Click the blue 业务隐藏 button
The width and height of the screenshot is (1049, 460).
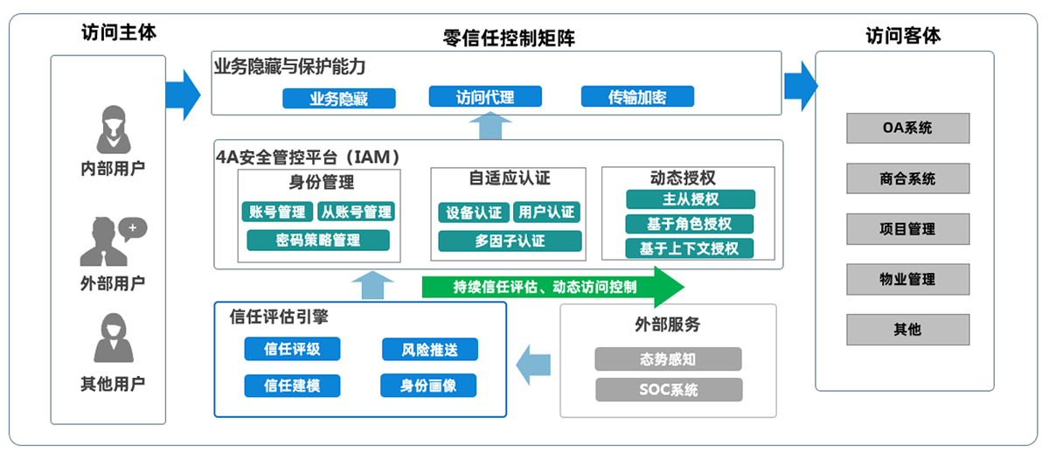tap(339, 98)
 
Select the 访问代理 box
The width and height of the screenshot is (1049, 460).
tap(485, 96)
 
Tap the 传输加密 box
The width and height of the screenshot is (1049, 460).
tap(637, 96)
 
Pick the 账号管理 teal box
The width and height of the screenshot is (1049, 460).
tap(277, 212)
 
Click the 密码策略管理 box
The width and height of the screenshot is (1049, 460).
tap(318, 240)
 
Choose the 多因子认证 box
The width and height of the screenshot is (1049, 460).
tap(510, 241)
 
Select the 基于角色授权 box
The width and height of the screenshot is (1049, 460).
tap(690, 224)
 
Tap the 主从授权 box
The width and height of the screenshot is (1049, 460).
tap(691, 199)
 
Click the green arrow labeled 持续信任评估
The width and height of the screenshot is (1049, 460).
tap(552, 287)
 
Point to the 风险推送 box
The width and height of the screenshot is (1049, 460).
tap(430, 350)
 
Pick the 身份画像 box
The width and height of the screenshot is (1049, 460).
tap(428, 386)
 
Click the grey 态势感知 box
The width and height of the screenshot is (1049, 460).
tap(668, 359)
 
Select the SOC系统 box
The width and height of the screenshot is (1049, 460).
tap(669, 390)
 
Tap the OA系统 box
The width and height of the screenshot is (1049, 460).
tap(907, 128)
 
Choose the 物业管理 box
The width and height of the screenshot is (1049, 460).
tap(907, 280)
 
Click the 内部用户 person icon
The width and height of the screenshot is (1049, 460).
tap(114, 129)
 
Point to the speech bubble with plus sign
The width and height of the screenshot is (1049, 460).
tap(133, 228)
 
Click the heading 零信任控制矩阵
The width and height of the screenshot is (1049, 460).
tap(509, 38)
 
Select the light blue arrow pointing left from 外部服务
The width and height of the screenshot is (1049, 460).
tap(533, 365)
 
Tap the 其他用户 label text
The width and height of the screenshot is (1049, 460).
tap(113, 384)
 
